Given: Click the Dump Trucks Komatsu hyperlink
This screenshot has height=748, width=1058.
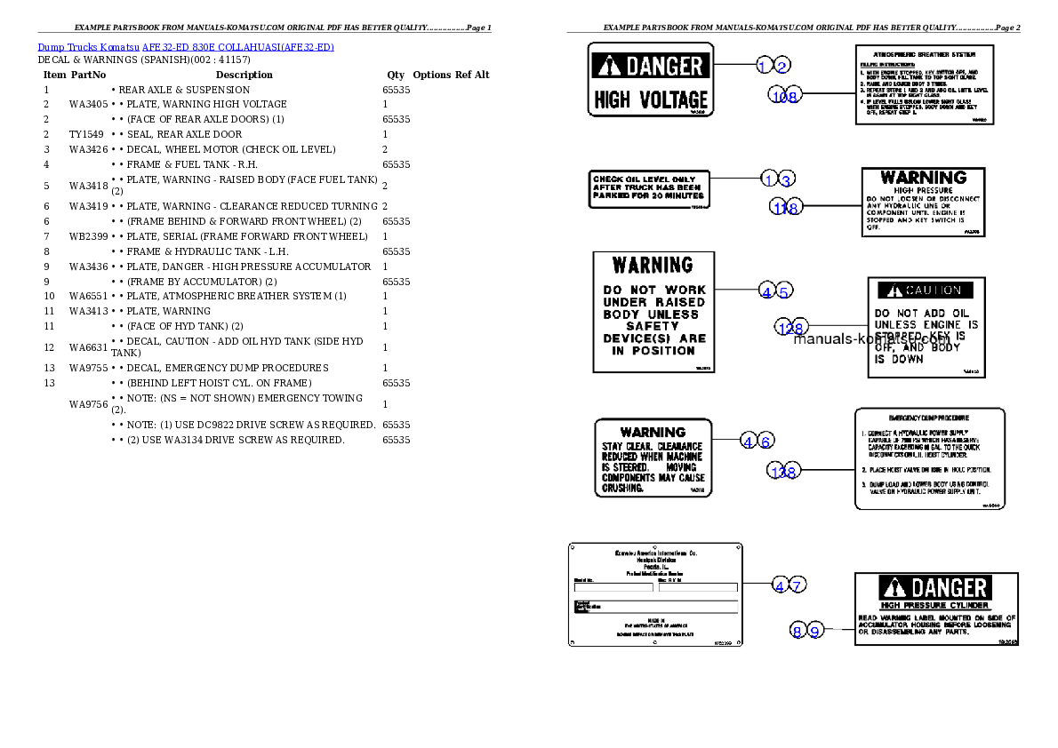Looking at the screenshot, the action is (186, 46).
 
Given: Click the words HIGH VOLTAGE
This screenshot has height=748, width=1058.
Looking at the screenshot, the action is (651, 99).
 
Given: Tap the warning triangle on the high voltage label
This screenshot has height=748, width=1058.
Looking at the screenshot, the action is (608, 66).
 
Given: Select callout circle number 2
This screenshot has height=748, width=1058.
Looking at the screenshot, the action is (781, 65).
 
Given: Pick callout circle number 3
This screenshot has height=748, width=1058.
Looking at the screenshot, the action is (785, 179).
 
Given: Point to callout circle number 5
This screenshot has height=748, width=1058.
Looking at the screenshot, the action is (783, 290).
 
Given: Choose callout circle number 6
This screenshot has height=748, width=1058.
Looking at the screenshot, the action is (766, 441).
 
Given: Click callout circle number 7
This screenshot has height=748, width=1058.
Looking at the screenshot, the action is (798, 585).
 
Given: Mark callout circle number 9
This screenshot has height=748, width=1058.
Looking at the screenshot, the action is (814, 631).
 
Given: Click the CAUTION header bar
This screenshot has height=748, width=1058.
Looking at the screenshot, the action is (926, 290).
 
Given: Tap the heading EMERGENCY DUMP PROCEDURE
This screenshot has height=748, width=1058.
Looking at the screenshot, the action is (929, 418).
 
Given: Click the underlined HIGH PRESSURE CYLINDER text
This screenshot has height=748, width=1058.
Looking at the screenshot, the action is (922, 606).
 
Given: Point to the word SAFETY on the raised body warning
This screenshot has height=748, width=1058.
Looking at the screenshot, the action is (653, 326).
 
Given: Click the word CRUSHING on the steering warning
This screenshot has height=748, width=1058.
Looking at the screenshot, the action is (622, 488).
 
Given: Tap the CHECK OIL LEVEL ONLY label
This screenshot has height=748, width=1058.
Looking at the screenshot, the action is (645, 179).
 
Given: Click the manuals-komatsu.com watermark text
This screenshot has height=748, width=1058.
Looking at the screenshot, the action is (871, 338).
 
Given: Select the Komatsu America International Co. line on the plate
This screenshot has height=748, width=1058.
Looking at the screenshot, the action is (656, 553).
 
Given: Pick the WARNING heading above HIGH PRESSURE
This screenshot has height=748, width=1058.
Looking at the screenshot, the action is (923, 178).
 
